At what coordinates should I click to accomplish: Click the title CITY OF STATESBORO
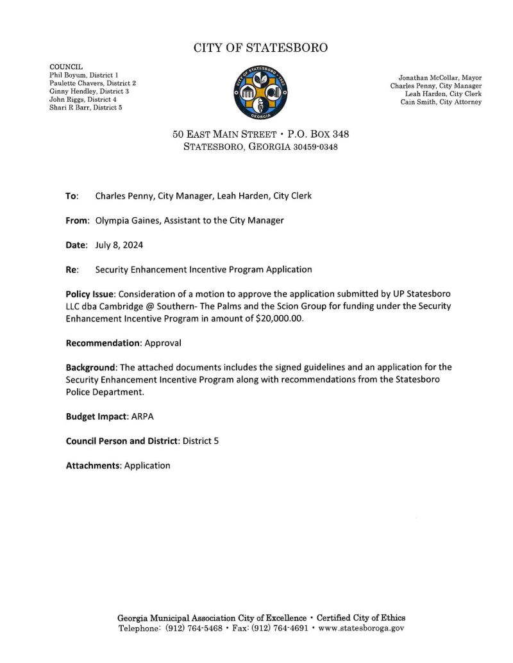tap(260, 48)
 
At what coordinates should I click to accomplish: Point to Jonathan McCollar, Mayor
tap(440, 78)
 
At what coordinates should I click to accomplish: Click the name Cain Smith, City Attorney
tap(441, 102)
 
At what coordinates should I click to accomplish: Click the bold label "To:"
tap(72, 196)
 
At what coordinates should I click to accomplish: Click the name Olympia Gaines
tap(130, 220)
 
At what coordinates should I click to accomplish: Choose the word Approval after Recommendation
tap(162, 343)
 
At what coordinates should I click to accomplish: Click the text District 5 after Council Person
tap(201, 441)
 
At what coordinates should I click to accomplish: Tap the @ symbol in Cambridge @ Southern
tap(151, 306)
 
